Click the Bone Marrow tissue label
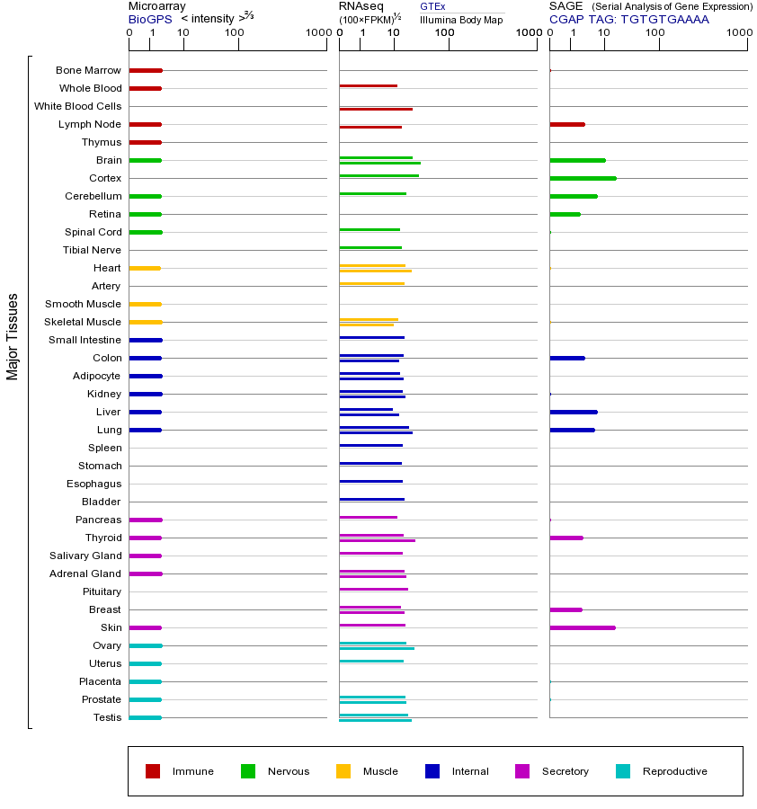[88, 70]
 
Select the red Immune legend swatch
[153, 771]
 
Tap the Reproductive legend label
[674, 771]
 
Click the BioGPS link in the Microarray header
[149, 19]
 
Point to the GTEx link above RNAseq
[432, 6]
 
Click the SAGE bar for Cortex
[583, 178]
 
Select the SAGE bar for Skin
[582, 627]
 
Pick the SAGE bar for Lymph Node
[566, 124]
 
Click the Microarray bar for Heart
[145, 268]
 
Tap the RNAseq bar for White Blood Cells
[376, 109]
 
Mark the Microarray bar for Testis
[145, 717]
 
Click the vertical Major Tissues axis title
[13, 336]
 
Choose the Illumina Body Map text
[461, 19]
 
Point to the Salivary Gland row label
[85, 556]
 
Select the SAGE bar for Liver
[573, 412]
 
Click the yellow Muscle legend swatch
[343, 771]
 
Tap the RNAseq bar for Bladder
[371, 499]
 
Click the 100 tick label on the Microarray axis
[235, 33]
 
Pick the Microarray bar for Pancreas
[145, 520]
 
